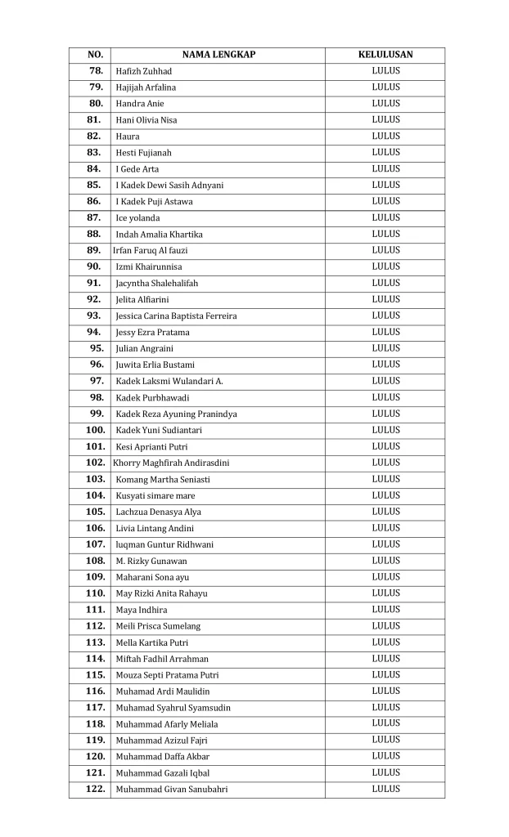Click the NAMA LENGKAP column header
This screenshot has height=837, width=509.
tap(218, 55)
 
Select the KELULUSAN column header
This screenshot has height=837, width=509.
tap(385, 55)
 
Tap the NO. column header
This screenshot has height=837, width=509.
tap(95, 55)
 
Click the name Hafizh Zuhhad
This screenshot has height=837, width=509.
tap(144, 71)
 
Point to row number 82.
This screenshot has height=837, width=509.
tap(93, 137)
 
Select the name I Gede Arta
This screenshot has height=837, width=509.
tap(137, 169)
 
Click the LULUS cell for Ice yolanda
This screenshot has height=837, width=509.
tap(385, 217)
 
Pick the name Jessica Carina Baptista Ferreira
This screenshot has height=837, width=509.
tap(176, 316)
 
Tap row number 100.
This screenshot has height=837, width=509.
tap(95, 430)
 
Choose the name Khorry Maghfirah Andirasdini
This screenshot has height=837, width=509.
tap(171, 463)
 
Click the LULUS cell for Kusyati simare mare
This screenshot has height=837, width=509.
tap(385, 495)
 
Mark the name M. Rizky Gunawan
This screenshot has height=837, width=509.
tap(151, 561)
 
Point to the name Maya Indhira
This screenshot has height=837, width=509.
tap(141, 610)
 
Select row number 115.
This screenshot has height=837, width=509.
tap(95, 675)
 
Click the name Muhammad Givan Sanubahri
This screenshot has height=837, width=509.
tap(172, 790)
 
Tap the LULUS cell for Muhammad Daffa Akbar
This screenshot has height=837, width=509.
tap(385, 756)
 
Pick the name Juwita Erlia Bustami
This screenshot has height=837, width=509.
tap(155, 365)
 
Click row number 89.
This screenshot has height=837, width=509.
tap(93, 250)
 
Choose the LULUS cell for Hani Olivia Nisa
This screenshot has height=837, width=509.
tap(385, 119)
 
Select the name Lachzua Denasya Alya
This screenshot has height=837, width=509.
tap(158, 512)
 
